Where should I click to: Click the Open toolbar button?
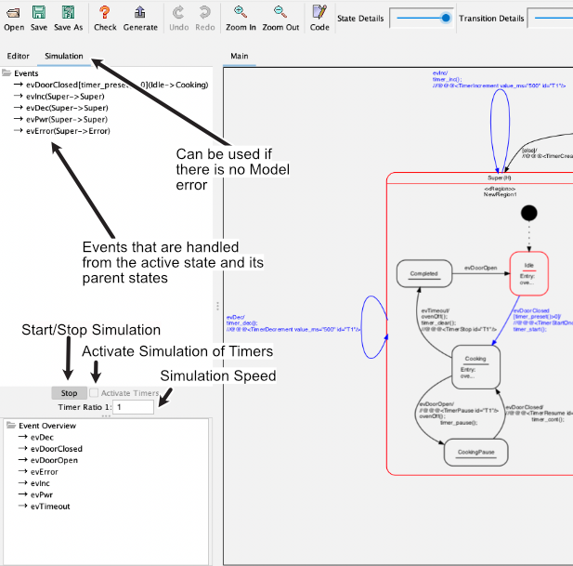[13, 17]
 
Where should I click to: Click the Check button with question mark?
[105, 17]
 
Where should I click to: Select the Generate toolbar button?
[140, 17]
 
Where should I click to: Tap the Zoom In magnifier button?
[241, 17]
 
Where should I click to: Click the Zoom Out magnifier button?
[280, 17]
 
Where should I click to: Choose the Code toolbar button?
[319, 17]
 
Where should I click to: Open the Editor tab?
[19, 56]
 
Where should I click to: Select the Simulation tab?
[64, 56]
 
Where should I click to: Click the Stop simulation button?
[69, 393]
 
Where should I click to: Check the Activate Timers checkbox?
[94, 393]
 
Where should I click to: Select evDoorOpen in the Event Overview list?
[54, 460]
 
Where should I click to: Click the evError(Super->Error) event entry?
[68, 131]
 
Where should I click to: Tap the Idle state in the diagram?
[529, 271]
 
